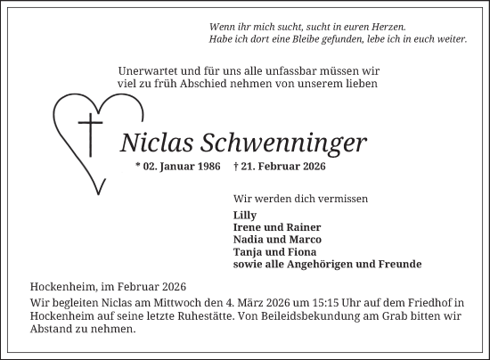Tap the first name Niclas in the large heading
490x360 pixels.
pyautogui.click(x=149, y=143)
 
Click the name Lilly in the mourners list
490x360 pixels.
pyautogui.click(x=244, y=215)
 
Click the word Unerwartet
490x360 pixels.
pyautogui.click(x=148, y=70)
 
